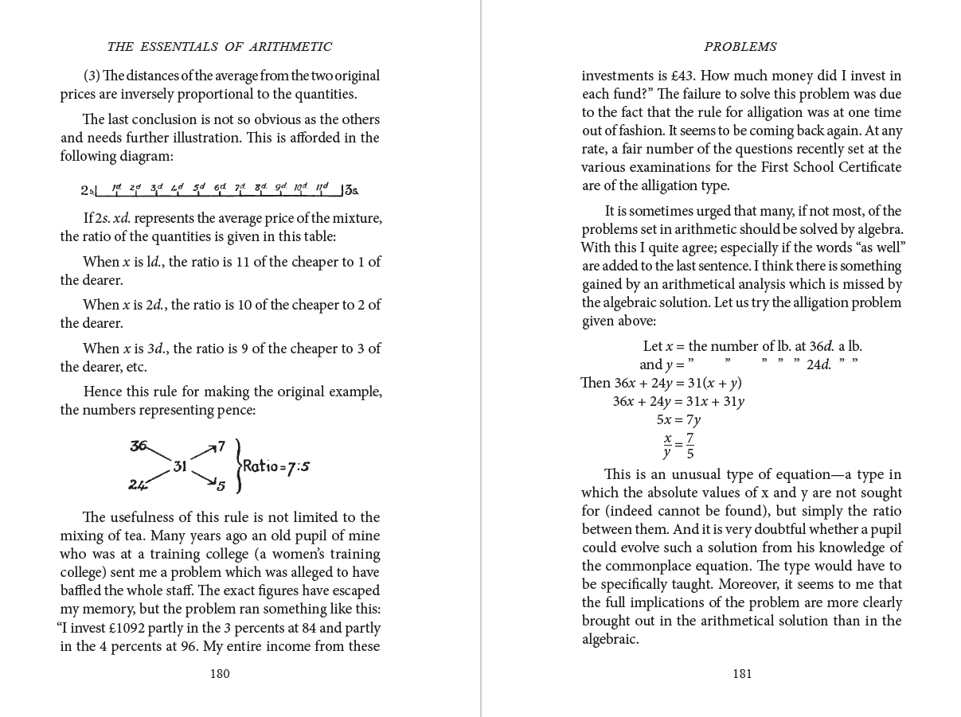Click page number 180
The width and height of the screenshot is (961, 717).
tap(220, 674)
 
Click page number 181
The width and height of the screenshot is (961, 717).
tap(741, 674)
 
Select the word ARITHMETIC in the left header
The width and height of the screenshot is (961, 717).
tap(289, 47)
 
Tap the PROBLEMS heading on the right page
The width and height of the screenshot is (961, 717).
tap(740, 47)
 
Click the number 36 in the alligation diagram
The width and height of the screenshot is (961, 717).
tap(139, 446)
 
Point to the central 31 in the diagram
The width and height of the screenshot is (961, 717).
tap(180, 466)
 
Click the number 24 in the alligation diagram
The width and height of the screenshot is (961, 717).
tap(137, 485)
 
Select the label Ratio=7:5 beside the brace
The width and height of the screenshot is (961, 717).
tap(275, 466)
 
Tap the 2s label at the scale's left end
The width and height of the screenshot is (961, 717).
tap(88, 191)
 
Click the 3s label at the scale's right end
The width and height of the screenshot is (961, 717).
tap(351, 191)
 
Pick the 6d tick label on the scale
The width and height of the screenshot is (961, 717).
tap(220, 188)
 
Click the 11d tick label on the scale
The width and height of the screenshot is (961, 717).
tap(322, 188)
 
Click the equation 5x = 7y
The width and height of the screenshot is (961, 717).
tap(678, 420)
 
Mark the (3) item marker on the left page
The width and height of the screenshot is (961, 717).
tap(92, 76)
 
